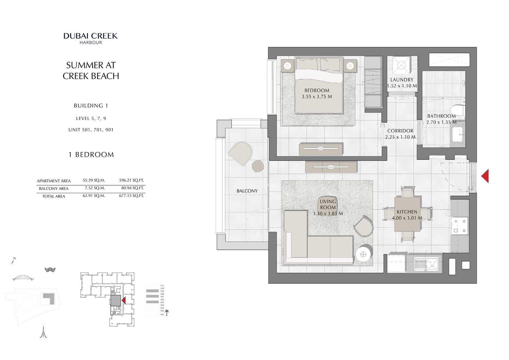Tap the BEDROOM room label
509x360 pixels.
(317, 91)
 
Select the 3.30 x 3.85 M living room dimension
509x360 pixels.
(328, 214)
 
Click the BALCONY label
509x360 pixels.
(247, 191)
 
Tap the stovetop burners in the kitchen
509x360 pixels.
(459, 226)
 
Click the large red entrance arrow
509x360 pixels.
(485, 176)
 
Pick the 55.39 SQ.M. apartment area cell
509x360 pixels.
(94, 180)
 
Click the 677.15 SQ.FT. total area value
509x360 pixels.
(131, 196)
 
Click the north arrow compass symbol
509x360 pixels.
(13, 261)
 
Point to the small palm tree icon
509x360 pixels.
(167, 313)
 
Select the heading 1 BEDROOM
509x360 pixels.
(91, 155)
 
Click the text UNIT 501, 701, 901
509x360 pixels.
(91, 130)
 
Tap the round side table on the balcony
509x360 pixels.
(258, 166)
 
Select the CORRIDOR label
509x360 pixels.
(400, 131)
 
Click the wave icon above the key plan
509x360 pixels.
(50, 269)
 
